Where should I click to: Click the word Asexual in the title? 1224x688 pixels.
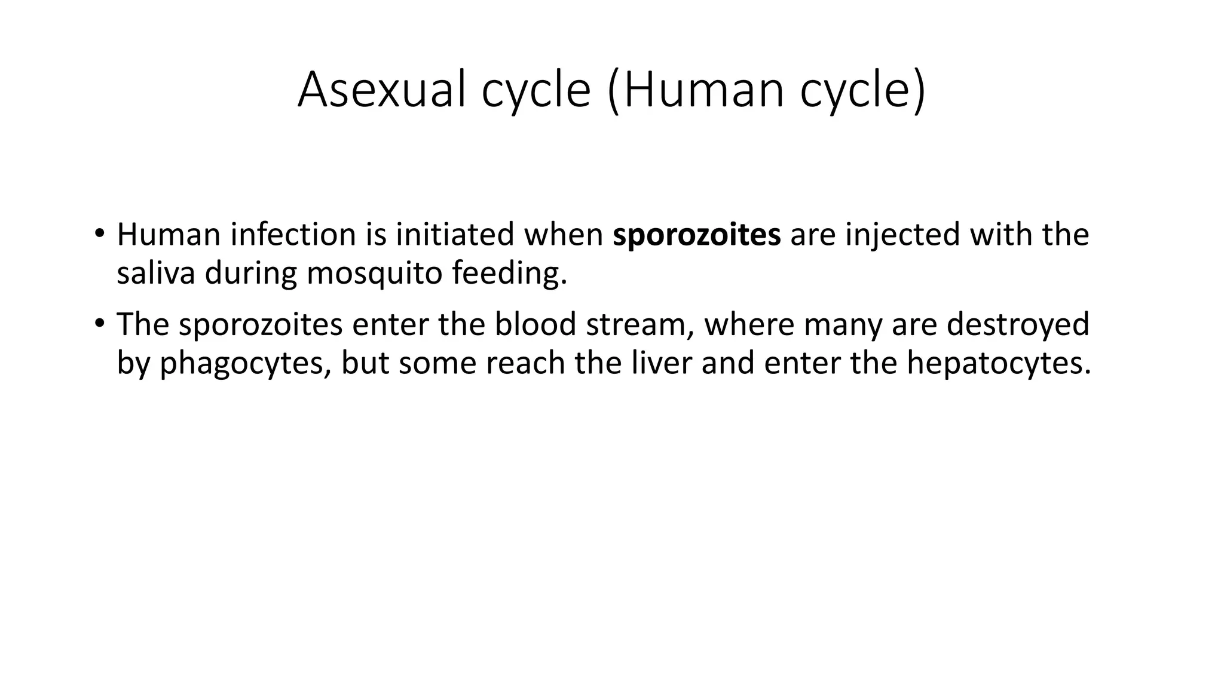coord(381,90)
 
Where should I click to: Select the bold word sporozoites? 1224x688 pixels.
coord(696,235)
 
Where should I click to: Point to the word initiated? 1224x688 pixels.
coord(455,235)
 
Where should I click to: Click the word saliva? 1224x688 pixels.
coord(155,273)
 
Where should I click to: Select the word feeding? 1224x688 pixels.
coord(509,274)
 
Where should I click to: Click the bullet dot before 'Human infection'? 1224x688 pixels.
coord(99,232)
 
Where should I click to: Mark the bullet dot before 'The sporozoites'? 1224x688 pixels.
coord(99,323)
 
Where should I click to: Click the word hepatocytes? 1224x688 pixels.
coord(998,364)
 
